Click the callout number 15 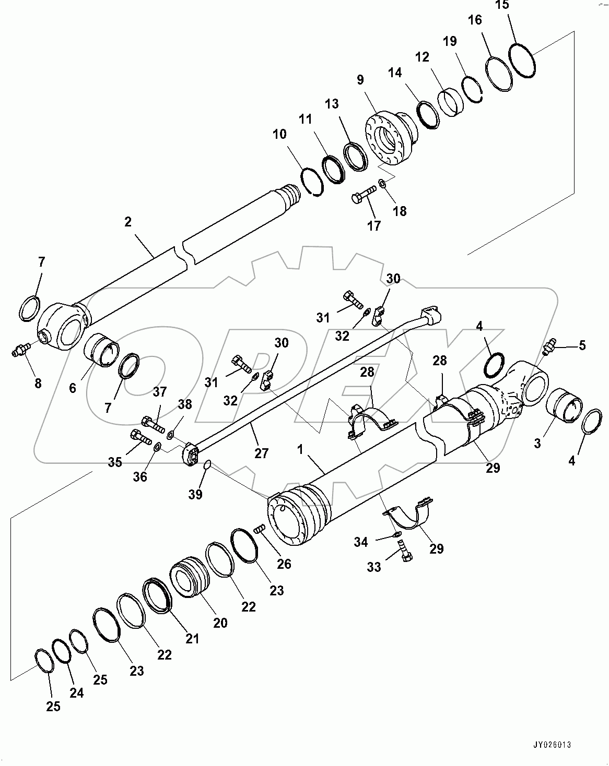[x=501, y=5]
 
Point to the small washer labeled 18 [x=382, y=183]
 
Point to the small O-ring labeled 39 [x=207, y=464]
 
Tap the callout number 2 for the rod [x=128, y=222]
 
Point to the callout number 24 [x=76, y=693]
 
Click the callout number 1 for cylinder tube [x=300, y=450]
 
